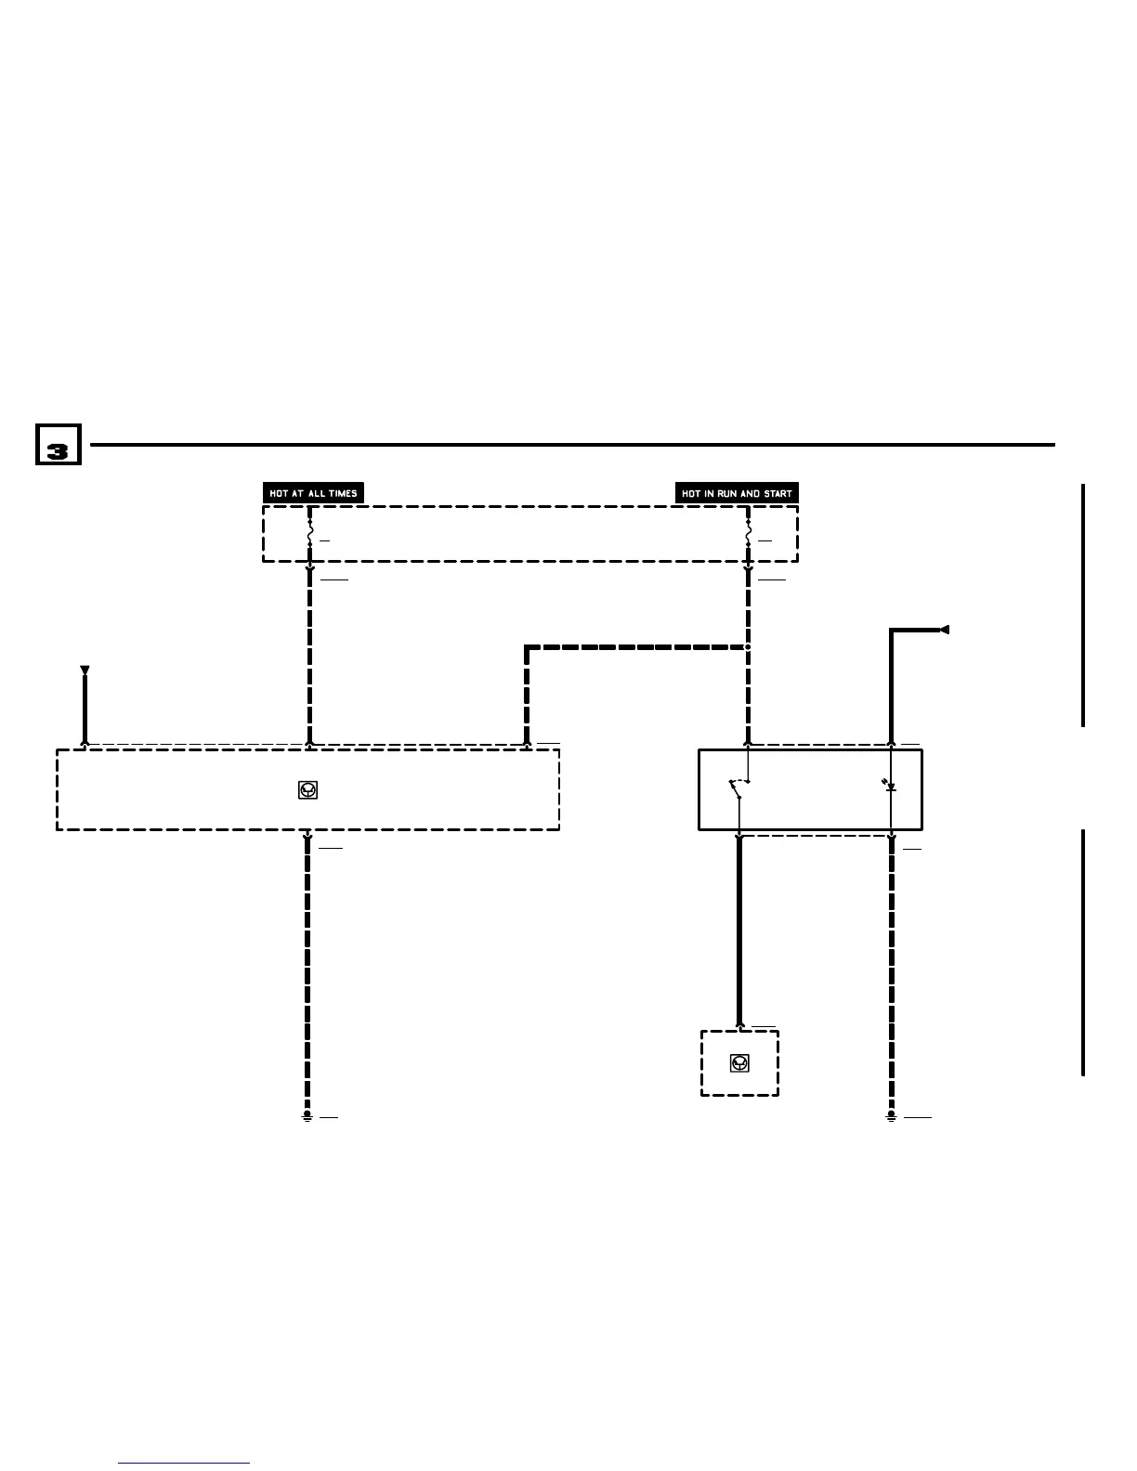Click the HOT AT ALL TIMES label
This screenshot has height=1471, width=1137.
point(313,493)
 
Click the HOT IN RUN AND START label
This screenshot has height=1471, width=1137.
point(737,493)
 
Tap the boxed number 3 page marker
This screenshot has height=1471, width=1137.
point(58,445)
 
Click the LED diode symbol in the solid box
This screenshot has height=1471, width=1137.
point(890,788)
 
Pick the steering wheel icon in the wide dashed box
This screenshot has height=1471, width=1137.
point(308,790)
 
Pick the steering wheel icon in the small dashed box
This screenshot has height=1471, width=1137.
point(739,1063)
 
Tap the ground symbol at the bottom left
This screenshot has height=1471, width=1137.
point(307,1116)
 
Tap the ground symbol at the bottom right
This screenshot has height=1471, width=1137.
point(891,1116)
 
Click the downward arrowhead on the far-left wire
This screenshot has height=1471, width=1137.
point(85,670)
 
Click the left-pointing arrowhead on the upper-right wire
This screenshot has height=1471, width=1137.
point(944,631)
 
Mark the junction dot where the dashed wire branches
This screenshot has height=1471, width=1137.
point(748,646)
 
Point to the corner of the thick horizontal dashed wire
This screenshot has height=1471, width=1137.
point(527,647)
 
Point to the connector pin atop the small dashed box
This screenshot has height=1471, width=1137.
point(739,1027)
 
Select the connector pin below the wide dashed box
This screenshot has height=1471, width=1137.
point(307,837)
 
